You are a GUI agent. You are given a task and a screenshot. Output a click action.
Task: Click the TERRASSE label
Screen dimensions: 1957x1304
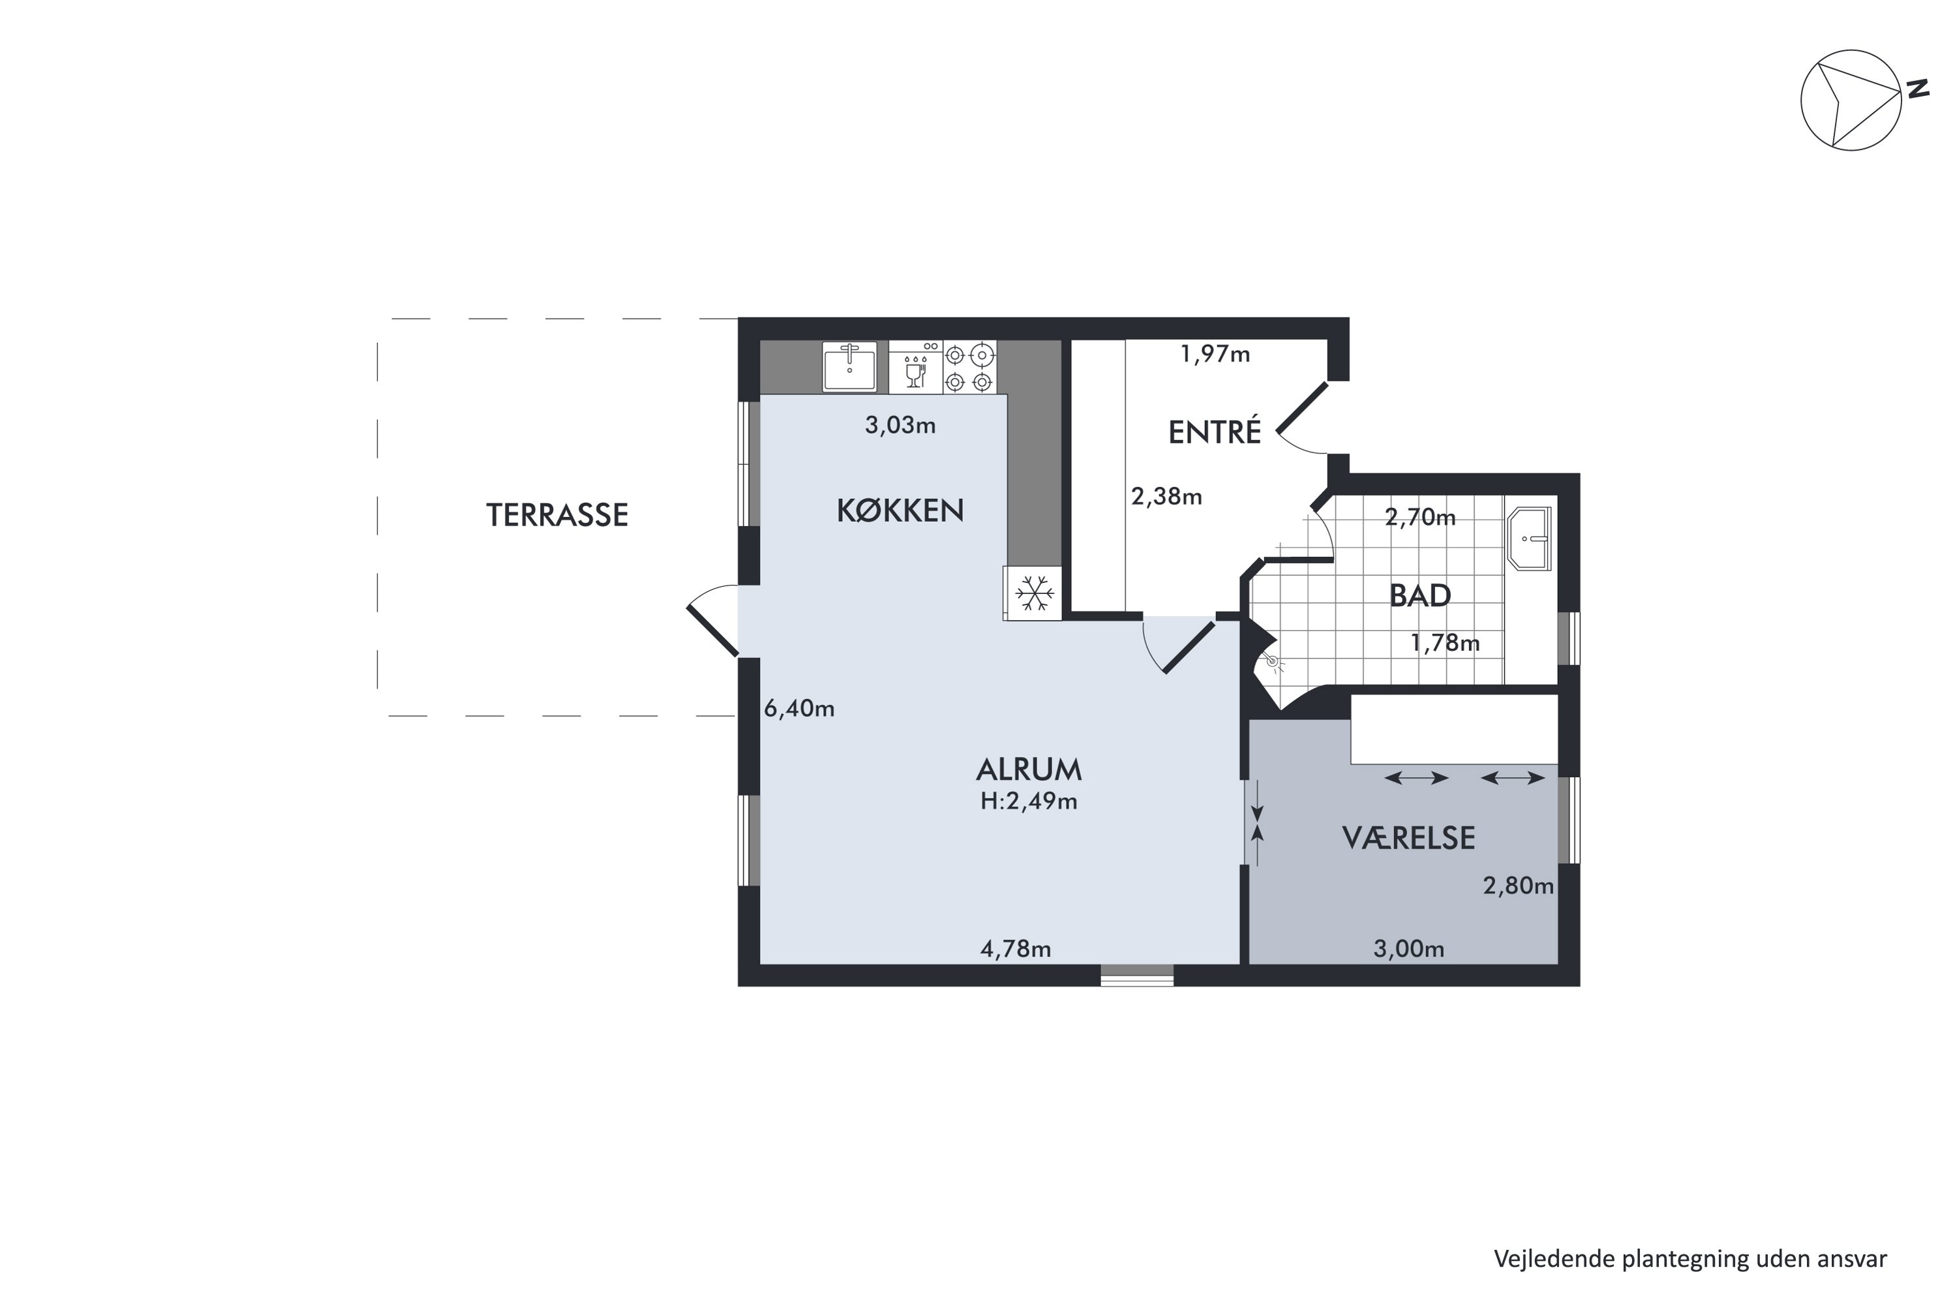click(556, 516)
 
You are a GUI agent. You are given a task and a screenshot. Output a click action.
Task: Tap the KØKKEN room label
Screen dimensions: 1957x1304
click(900, 511)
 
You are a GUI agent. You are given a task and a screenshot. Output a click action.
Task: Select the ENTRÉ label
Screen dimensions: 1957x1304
click(1215, 432)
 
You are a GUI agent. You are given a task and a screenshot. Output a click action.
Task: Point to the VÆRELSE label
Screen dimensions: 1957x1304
click(1408, 838)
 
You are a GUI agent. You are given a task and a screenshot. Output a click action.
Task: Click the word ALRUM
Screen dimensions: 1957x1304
click(1029, 770)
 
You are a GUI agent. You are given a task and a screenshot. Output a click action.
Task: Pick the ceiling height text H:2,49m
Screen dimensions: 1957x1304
click(1029, 802)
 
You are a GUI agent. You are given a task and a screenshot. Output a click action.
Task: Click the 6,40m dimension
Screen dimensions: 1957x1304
click(798, 709)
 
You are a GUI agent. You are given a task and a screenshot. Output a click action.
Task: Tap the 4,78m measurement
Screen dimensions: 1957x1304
click(1016, 949)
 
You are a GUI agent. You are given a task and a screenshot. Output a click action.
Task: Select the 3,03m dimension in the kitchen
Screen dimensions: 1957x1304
click(900, 426)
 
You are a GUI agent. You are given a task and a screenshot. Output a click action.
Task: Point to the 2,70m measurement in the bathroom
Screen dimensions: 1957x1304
click(1420, 518)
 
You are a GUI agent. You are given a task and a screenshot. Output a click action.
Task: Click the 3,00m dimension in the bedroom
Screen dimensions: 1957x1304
click(1408, 949)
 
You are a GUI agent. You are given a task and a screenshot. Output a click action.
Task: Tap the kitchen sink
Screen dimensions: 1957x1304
click(849, 366)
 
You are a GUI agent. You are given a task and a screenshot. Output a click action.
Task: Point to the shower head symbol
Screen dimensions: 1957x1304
click(1272, 662)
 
